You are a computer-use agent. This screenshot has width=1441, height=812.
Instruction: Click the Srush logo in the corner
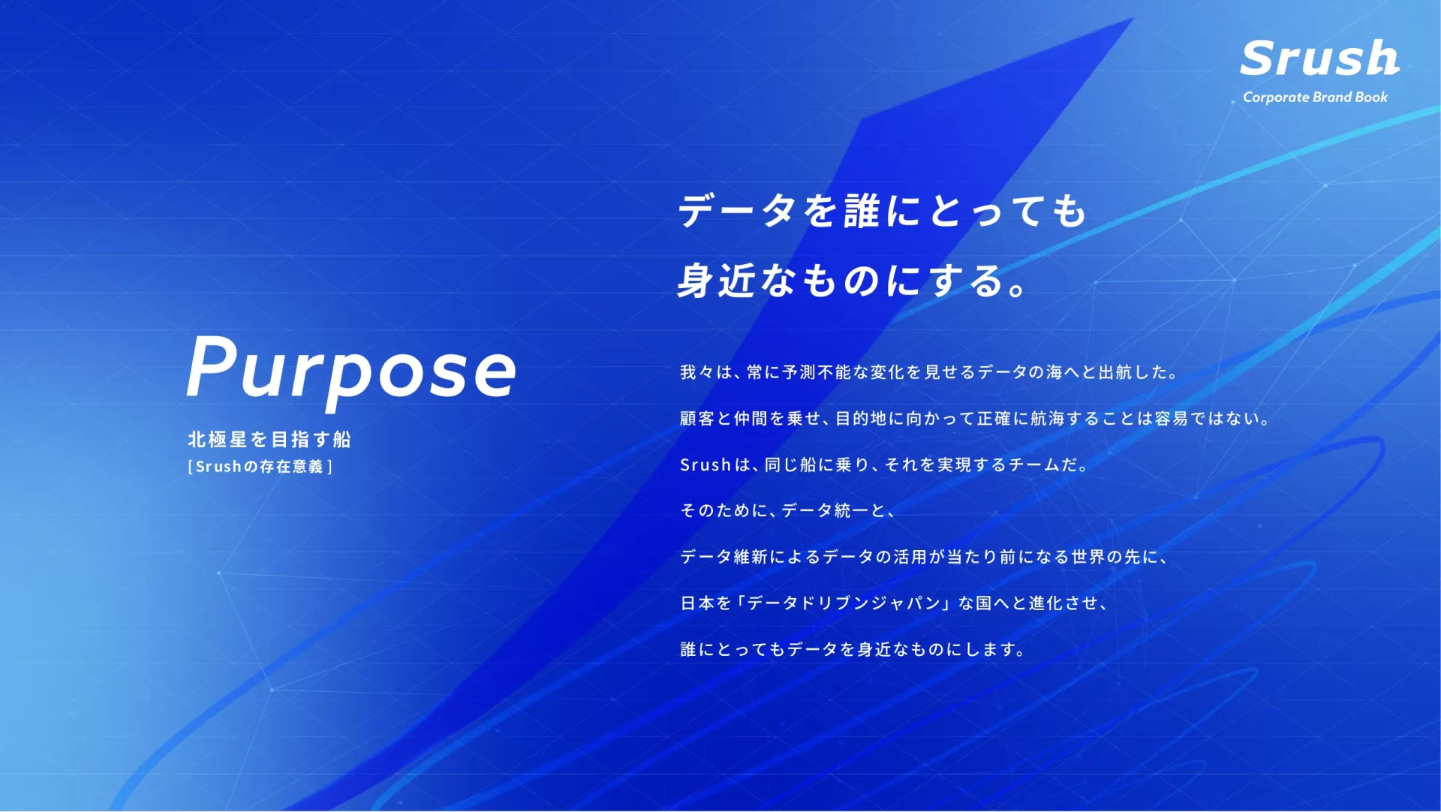pyautogui.click(x=1319, y=59)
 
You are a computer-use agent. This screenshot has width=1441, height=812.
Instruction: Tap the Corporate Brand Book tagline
pyautogui.click(x=1315, y=97)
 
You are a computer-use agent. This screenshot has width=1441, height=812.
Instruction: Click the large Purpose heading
pyautogui.click(x=351, y=369)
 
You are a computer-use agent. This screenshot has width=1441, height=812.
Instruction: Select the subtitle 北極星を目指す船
pyautogui.click(x=269, y=439)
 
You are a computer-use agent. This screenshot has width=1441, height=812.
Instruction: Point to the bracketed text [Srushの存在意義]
pyautogui.click(x=260, y=467)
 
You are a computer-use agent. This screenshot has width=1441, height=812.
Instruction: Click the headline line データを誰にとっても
pyautogui.click(x=883, y=210)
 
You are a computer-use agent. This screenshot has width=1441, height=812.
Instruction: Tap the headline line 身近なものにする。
pyautogui.click(x=853, y=281)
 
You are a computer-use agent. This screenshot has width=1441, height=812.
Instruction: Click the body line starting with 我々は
pyautogui.click(x=929, y=372)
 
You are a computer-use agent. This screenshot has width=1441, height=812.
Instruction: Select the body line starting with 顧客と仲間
pyautogui.click(x=975, y=418)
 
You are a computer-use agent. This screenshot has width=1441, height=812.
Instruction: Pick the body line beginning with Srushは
pyautogui.click(x=884, y=465)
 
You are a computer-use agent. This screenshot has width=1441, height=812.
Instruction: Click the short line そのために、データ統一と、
pyautogui.click(x=787, y=510)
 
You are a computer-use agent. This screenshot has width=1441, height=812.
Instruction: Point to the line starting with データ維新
pyautogui.click(x=924, y=557)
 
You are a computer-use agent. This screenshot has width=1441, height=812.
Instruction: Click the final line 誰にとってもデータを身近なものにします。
pyautogui.click(x=853, y=649)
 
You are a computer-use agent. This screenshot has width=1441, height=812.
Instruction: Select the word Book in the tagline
pyautogui.click(x=1371, y=97)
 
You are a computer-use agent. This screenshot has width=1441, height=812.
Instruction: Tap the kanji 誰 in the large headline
pyautogui.click(x=862, y=210)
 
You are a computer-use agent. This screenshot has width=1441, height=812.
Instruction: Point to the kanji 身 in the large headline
pyautogui.click(x=695, y=281)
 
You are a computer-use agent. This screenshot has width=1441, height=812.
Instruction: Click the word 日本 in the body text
pyautogui.click(x=696, y=603)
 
